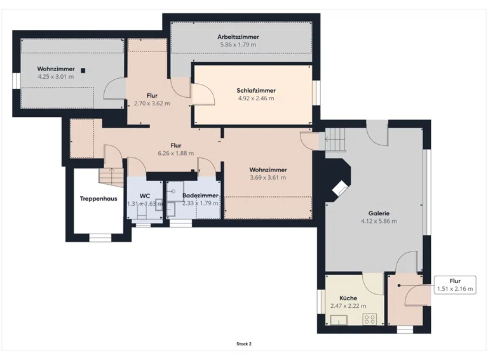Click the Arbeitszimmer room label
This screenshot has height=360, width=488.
point(238,37)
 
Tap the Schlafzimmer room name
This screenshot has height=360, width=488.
point(256,90)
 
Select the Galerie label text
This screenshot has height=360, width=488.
point(379,213)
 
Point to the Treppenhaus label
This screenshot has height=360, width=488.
point(98,199)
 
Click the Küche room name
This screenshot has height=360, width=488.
point(348,298)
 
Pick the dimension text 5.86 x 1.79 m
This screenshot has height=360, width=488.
point(238,45)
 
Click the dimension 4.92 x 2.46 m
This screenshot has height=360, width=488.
point(256,98)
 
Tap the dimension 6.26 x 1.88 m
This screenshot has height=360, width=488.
point(176,153)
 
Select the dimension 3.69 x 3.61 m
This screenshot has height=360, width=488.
point(268,178)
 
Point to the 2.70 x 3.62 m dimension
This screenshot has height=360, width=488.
point(152,103)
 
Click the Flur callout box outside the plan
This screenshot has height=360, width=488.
point(455,285)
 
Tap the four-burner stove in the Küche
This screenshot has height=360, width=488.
point(370,319)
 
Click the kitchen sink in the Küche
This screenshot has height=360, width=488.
point(339,320)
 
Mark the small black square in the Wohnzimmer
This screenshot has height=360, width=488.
point(83,70)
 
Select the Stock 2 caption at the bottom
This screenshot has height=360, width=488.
point(244,344)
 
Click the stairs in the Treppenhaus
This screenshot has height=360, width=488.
point(111,178)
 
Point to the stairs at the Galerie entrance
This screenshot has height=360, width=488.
point(335,139)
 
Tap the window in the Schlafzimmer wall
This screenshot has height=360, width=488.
point(316,93)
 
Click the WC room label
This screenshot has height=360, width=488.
point(145,196)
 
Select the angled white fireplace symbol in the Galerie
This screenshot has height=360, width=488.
point(341,189)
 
